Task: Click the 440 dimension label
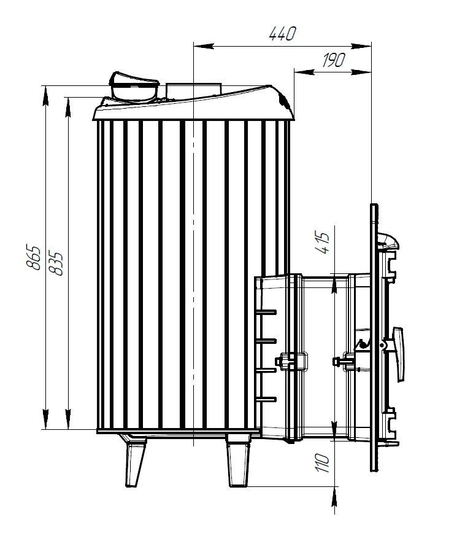283,34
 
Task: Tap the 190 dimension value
334,60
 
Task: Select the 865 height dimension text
34,257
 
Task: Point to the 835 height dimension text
56,263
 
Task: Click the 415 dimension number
322,242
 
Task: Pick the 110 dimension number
322,462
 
